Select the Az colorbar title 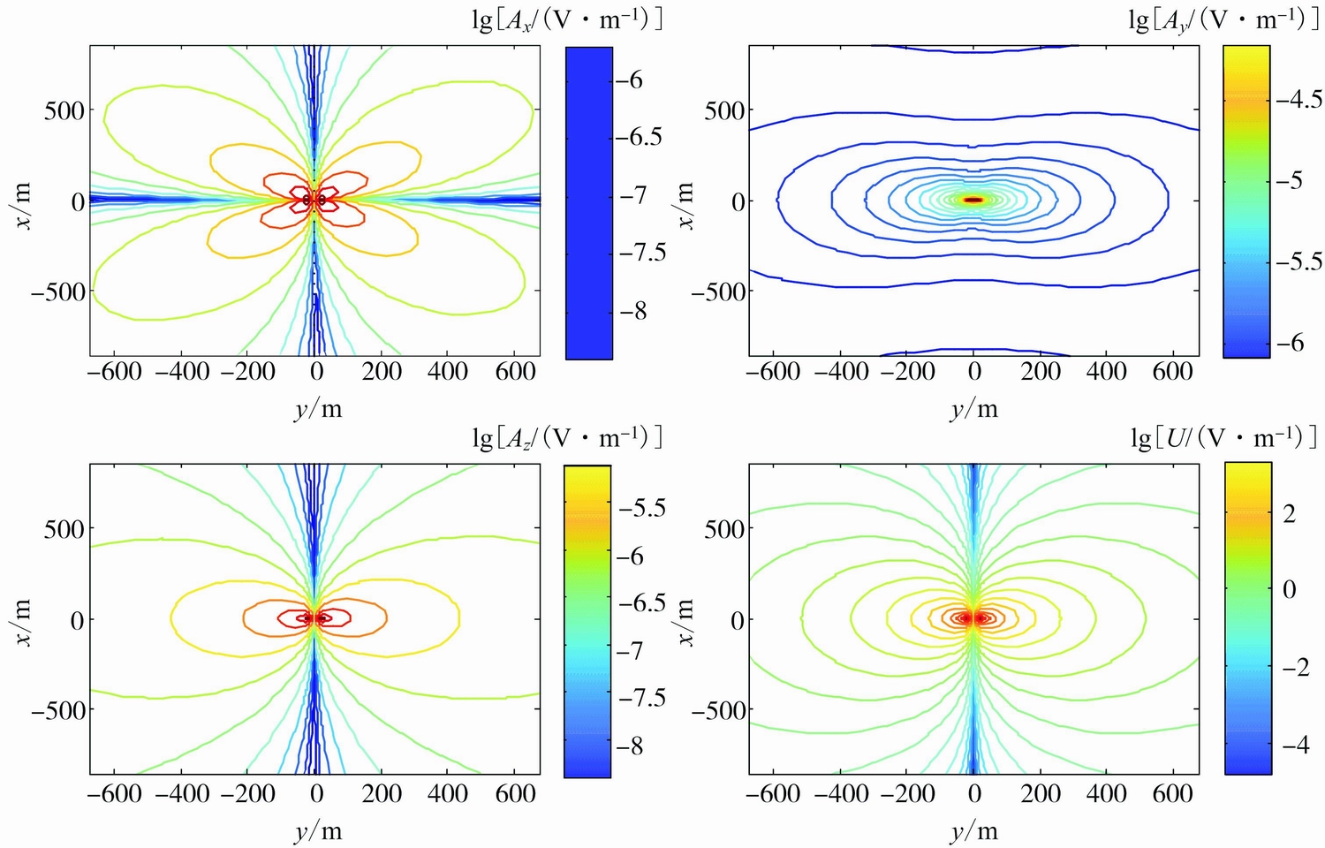(x=567, y=436)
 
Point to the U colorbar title (x=1224, y=436)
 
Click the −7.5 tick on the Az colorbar (x=642, y=699)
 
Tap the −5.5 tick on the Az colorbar (x=642, y=508)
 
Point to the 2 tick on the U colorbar (x=1289, y=514)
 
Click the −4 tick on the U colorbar (x=1295, y=745)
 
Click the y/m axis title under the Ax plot (x=317, y=408)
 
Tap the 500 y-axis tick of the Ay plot (x=722, y=111)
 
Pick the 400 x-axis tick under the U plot (x=1107, y=793)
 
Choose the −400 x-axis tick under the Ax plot (x=182, y=371)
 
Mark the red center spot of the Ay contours (x=973, y=200)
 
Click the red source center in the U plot (x=973, y=618)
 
